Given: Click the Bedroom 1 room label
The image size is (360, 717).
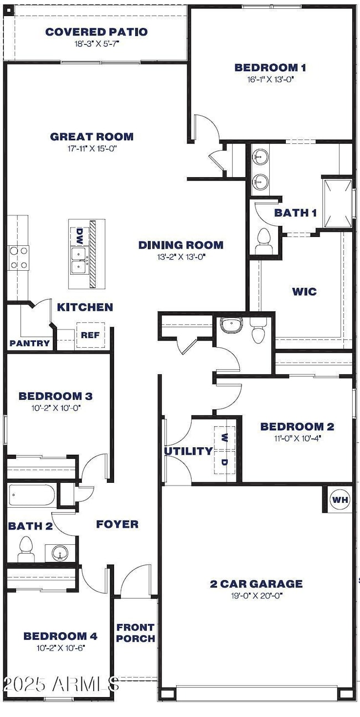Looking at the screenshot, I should click(270, 68).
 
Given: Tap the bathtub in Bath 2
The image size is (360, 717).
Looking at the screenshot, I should click(32, 494).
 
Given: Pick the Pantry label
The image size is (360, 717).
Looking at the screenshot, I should click(29, 343).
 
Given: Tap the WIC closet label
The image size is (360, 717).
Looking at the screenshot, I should click(304, 291).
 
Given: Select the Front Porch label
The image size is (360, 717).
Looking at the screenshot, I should click(135, 632).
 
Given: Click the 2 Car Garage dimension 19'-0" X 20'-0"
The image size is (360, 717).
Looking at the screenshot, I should click(256, 596).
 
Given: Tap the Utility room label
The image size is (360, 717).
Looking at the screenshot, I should click(188, 451).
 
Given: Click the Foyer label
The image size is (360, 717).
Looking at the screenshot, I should click(117, 524).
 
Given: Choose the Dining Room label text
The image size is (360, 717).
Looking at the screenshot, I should click(181, 245).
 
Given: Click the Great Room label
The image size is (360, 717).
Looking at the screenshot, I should click(91, 137).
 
